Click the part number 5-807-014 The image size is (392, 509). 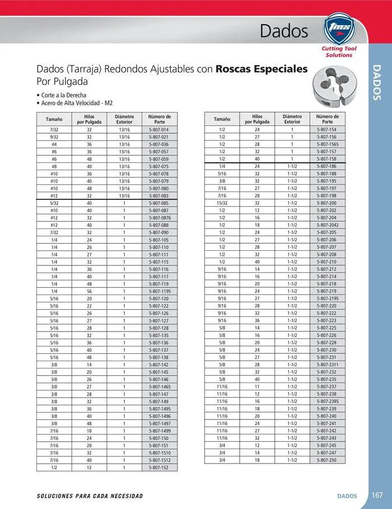(159, 129)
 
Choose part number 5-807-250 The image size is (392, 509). (328, 460)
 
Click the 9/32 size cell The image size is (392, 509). (54, 137)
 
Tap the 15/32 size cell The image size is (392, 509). (222, 203)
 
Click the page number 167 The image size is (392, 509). (377, 496)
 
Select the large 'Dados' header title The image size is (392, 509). (284, 32)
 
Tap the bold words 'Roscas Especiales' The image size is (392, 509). (262, 69)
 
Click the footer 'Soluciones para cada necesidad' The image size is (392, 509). (90, 496)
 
